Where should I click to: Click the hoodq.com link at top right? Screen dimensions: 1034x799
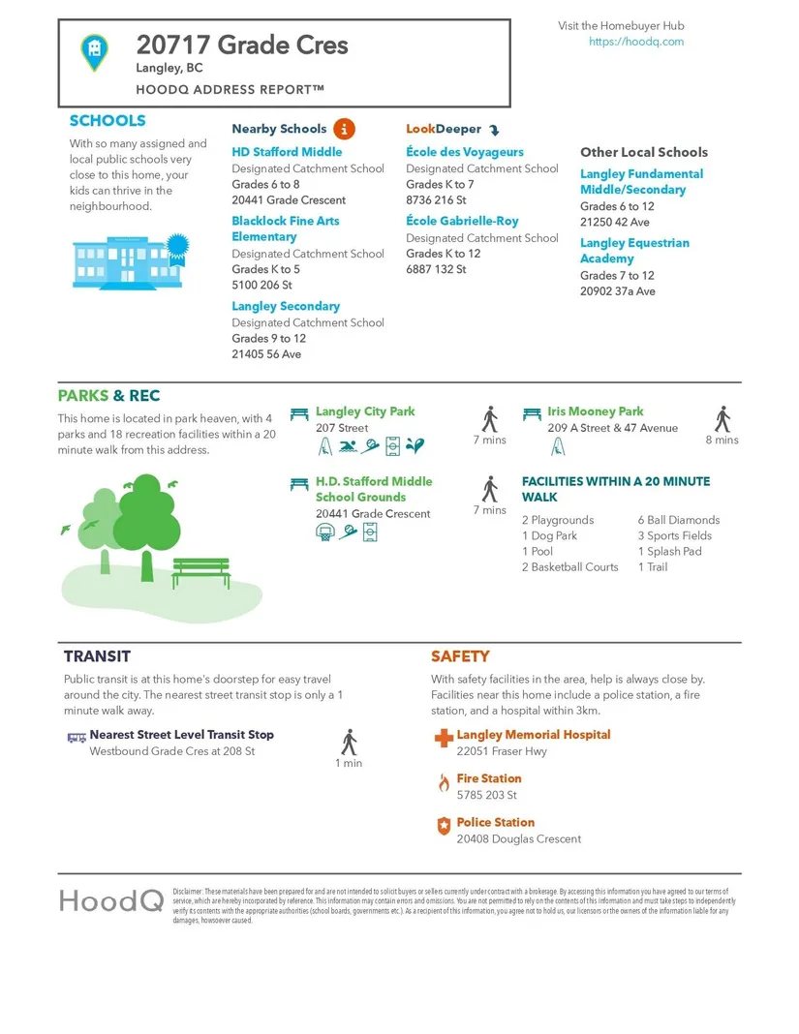635,42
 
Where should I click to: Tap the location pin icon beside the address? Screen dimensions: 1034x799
94,50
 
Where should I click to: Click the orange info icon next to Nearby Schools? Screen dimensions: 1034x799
344,129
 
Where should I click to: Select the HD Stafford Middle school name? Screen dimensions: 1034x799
287,152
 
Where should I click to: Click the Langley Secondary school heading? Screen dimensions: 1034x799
286,306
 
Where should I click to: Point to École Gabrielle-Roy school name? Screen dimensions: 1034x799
462,222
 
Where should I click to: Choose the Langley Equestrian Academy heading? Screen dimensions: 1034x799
634,251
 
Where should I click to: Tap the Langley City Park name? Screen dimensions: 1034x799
365,411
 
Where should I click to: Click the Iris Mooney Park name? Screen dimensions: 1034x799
595,411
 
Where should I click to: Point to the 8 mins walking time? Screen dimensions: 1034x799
722,440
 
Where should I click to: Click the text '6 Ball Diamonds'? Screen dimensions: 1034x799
678,520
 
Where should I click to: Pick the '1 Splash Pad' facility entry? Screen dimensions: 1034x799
669,551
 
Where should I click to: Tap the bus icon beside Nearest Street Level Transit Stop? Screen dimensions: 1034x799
77,737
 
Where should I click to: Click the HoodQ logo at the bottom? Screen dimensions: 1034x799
110,900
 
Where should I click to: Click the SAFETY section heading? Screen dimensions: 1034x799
460,656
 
